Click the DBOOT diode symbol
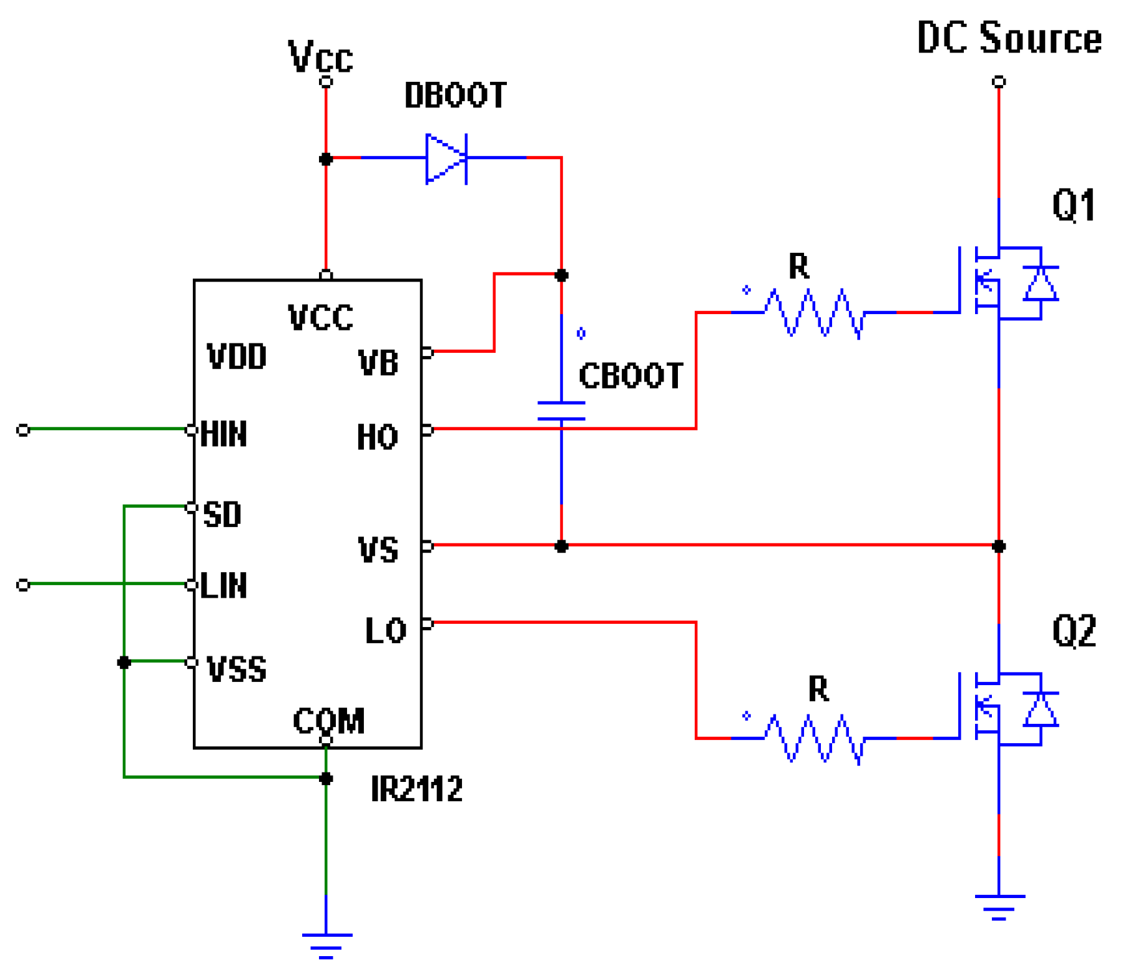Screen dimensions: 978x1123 pyautogui.click(x=446, y=159)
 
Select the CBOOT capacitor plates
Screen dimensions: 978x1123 pyautogui.click(x=561, y=411)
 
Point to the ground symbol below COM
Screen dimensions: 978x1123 pyautogui.click(x=326, y=944)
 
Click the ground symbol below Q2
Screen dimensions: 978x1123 pyautogui.click(x=999, y=906)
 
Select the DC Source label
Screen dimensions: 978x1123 pyautogui.click(x=1009, y=39)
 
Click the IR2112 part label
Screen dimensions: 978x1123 pyautogui.click(x=416, y=789)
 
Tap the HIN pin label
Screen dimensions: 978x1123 pyautogui.click(x=224, y=434)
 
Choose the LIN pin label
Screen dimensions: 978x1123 pyautogui.click(x=224, y=586)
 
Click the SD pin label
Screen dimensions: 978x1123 pyautogui.click(x=222, y=515)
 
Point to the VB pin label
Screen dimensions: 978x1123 pyautogui.click(x=378, y=363)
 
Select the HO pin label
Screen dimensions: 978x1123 pyautogui.click(x=377, y=437)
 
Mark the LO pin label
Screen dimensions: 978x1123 pyautogui.click(x=385, y=631)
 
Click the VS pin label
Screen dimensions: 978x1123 pyautogui.click(x=378, y=550)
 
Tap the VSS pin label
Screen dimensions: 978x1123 pyautogui.click(x=237, y=669)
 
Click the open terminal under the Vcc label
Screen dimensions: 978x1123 pyautogui.click(x=326, y=82)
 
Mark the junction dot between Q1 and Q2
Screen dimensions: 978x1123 pyautogui.click(x=999, y=546)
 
